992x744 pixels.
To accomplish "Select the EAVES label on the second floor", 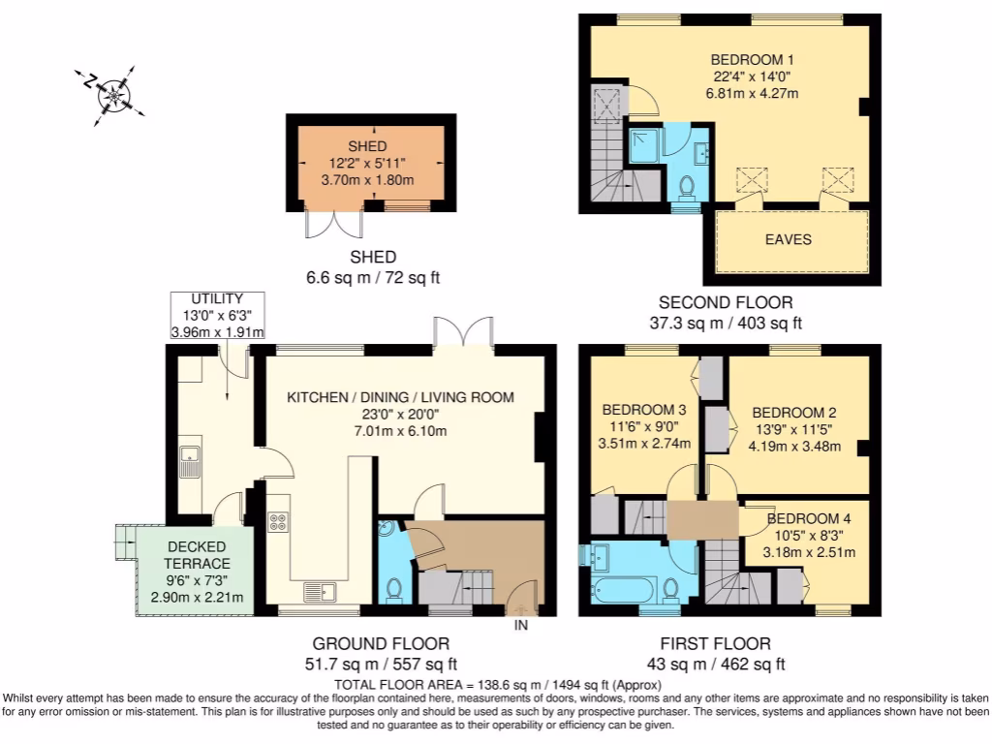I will [789, 239].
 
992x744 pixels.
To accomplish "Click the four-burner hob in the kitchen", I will [278, 521].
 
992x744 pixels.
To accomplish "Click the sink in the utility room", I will [189, 455].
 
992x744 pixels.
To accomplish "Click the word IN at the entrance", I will [520, 625].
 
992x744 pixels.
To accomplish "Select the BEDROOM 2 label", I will [793, 412].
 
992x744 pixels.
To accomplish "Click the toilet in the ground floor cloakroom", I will [394, 588].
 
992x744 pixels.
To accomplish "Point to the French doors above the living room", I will [466, 330].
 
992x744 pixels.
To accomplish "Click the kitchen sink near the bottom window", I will [319, 590].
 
